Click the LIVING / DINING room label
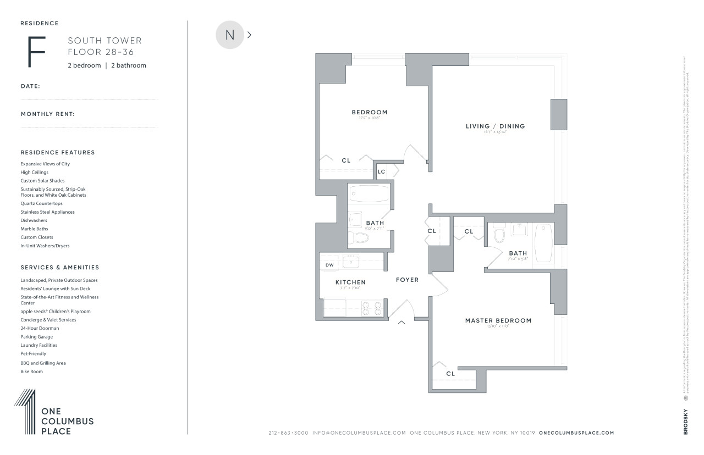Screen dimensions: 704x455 click(495, 126)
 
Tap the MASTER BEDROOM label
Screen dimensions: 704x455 click(498, 320)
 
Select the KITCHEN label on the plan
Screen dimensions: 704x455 click(350, 282)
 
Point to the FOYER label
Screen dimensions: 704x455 click(407, 280)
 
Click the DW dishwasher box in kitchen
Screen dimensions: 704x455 click(329, 265)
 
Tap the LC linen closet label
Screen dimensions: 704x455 click(381, 172)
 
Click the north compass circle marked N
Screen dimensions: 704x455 click(230, 35)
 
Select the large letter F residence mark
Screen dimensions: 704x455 click(36, 52)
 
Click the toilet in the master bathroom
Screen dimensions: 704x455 click(499, 235)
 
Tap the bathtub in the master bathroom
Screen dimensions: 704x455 click(543, 243)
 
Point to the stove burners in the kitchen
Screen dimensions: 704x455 click(372, 308)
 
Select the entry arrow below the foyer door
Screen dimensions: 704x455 click(402, 323)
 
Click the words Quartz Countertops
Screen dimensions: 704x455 click(41, 203)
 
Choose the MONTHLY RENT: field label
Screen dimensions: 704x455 click(48, 114)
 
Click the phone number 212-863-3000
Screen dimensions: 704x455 click(288, 433)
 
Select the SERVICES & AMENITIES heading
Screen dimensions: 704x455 click(60, 268)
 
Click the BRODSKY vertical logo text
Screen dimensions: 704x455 click(685, 421)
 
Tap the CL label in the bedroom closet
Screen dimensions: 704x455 click(345, 161)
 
